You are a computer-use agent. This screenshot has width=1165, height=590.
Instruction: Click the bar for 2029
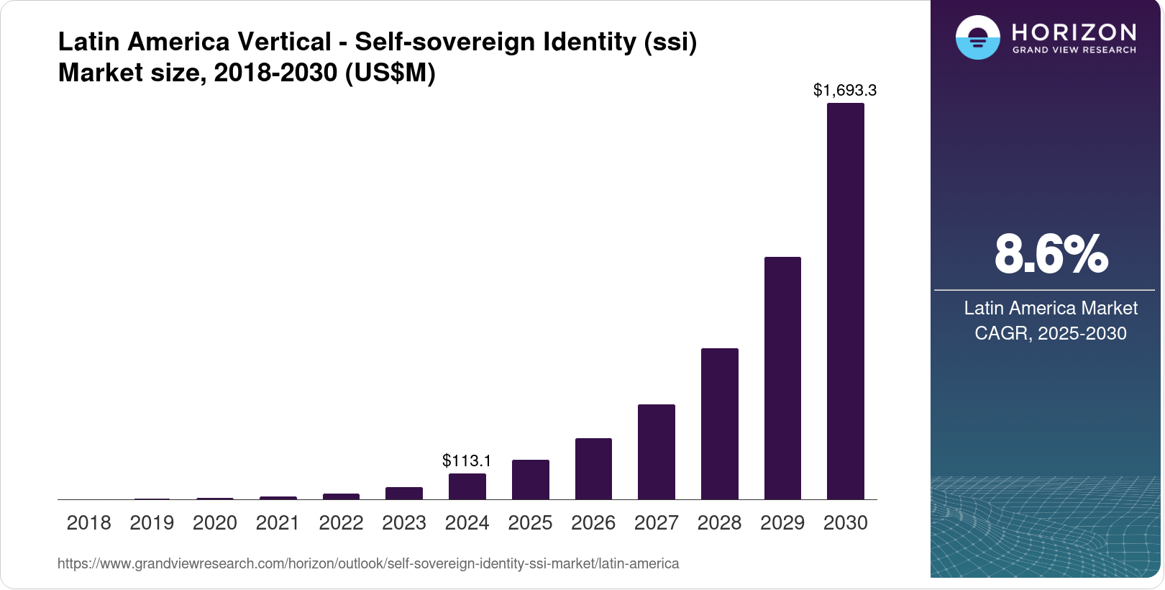point(782,378)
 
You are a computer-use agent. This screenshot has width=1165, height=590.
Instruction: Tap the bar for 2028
point(719,424)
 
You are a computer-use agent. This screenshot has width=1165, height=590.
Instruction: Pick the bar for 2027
point(656,452)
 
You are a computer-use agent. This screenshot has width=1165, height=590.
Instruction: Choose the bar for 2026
point(593,468)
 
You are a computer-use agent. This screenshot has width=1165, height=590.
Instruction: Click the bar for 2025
point(530,479)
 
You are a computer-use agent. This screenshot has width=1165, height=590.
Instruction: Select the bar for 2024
point(467,486)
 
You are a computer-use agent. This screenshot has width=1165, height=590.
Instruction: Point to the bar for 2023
point(404,493)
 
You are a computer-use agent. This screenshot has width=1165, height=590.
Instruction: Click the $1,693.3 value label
point(845,90)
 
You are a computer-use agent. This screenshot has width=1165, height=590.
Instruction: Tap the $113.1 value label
point(467,460)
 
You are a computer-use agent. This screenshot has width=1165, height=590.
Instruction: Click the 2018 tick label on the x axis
point(88,522)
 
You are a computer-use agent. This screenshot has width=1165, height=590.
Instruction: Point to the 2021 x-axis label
point(278,522)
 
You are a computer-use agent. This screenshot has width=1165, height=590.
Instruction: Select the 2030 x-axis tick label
point(845,522)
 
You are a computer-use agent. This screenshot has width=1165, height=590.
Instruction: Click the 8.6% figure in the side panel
point(1051,254)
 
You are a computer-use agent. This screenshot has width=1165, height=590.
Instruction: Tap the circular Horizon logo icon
point(977,37)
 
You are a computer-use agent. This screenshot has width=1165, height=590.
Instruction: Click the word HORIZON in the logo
point(1074,32)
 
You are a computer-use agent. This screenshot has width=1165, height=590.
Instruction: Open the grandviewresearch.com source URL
point(368,563)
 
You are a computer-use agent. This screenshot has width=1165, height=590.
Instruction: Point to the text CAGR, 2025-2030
point(1051,333)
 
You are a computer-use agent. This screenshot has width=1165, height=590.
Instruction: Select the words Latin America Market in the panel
point(1051,308)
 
